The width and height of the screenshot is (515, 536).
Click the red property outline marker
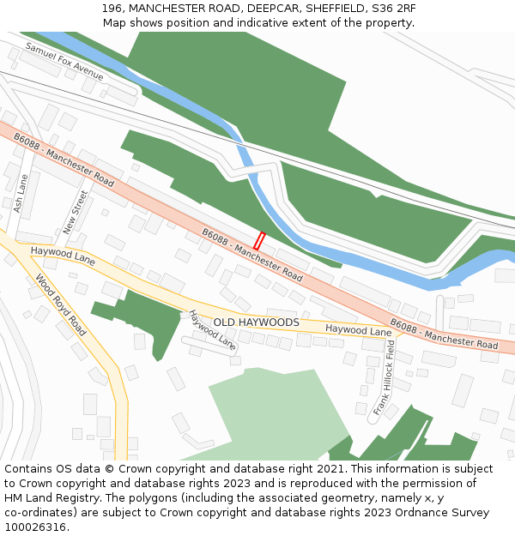(x=259, y=241)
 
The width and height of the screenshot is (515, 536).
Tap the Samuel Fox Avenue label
(x=64, y=62)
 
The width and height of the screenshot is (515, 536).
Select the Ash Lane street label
(x=21, y=195)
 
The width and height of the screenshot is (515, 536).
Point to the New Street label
(x=76, y=213)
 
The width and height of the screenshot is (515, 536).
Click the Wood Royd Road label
(x=61, y=304)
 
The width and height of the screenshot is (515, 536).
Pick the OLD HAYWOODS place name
(x=256, y=322)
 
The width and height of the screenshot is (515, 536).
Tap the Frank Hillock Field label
(x=384, y=377)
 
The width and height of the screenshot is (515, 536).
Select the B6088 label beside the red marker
(x=252, y=255)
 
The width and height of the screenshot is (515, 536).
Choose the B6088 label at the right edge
(x=444, y=334)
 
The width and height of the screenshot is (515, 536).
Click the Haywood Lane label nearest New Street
(x=63, y=255)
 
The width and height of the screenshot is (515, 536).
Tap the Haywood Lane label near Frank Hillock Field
(x=358, y=329)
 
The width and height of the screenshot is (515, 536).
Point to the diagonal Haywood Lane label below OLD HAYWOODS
(x=212, y=330)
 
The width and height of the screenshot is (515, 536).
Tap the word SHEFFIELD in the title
(x=324, y=8)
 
